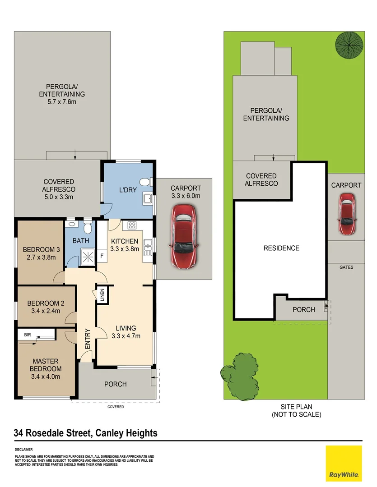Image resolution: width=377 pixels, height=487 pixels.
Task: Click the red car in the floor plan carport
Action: pyautogui.click(x=183, y=237)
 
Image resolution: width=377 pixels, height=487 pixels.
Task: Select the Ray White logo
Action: pyautogui.click(x=344, y=463)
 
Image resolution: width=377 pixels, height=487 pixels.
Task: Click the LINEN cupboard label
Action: pyautogui.click(x=102, y=295)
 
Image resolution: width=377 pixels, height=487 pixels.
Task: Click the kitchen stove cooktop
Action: pyautogui.click(x=132, y=225)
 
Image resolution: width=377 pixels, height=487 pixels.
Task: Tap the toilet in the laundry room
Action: pyautogui.click(x=144, y=182)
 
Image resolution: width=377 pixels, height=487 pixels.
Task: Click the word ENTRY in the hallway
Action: pyautogui.click(x=87, y=339)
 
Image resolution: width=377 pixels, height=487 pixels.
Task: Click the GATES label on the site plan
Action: pyautogui.click(x=347, y=267)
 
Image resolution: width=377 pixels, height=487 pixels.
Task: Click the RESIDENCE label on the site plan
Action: pyautogui.click(x=281, y=248)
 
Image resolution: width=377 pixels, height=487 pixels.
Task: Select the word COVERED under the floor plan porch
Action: pyautogui.click(x=116, y=407)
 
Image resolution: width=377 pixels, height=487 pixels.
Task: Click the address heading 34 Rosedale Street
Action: pyautogui.click(x=86, y=433)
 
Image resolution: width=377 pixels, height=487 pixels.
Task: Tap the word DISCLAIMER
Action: pyautogui.click(x=23, y=450)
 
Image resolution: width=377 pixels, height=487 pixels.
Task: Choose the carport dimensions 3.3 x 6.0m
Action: pyautogui.click(x=186, y=196)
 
